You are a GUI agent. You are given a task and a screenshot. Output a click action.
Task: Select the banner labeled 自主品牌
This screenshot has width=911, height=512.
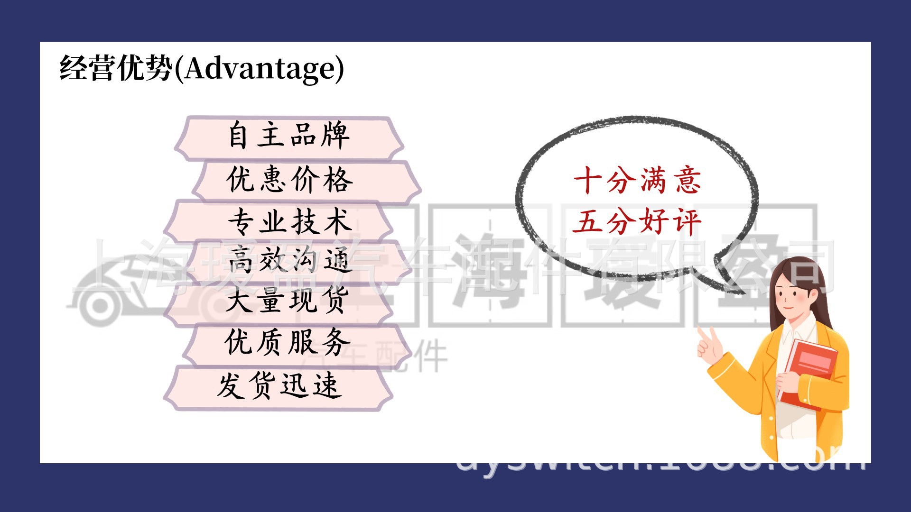click(x=289, y=137)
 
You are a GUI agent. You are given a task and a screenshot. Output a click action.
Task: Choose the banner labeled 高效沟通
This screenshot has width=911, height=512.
click(x=289, y=260)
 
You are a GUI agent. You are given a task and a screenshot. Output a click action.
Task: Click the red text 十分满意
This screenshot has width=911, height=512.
click(x=637, y=181)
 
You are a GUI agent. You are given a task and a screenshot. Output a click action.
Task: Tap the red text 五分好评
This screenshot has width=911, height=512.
click(x=637, y=221)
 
